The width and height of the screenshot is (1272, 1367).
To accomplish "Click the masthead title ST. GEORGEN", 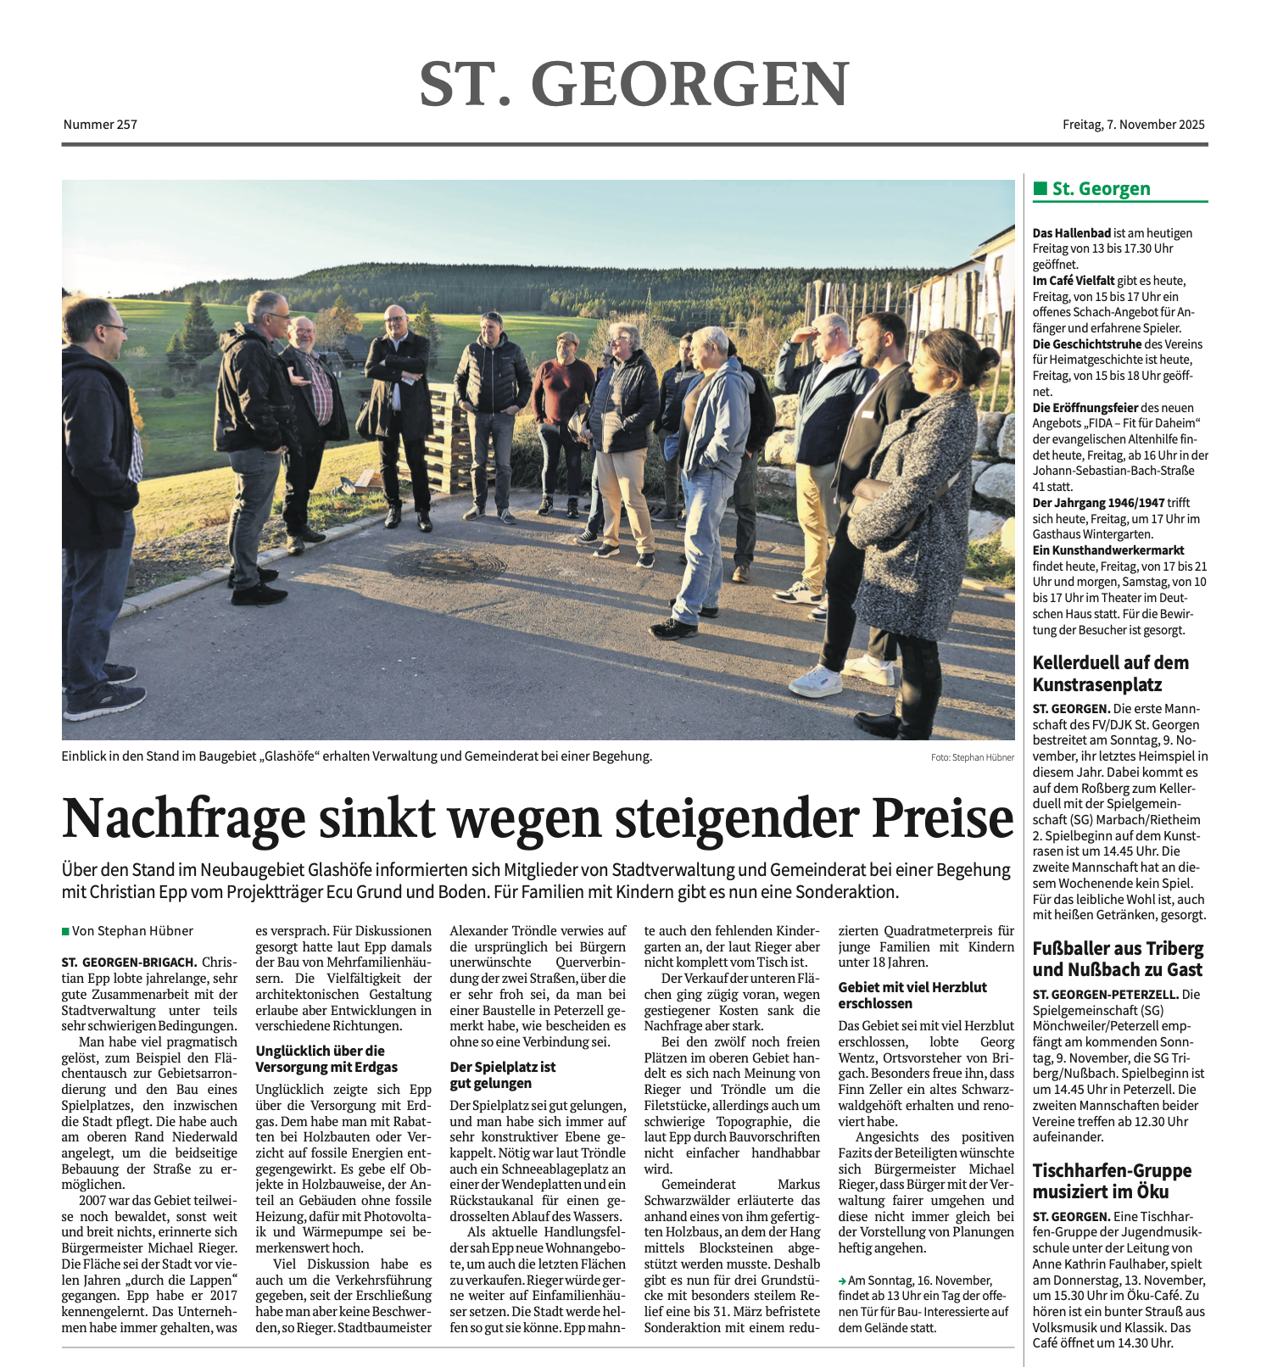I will [x=633, y=84].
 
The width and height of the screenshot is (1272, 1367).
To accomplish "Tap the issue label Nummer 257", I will [x=100, y=125].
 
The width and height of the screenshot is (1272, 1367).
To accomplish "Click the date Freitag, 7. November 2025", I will [x=1133, y=125].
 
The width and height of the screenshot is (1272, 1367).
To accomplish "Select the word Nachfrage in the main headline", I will [x=183, y=818].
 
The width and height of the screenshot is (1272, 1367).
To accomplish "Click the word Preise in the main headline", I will [x=943, y=818].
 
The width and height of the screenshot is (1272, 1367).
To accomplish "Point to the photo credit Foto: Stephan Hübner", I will [x=972, y=757].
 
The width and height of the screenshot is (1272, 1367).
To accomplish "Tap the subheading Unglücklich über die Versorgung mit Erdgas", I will [x=326, y=1059].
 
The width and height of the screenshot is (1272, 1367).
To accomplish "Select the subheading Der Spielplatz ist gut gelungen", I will [x=503, y=1075].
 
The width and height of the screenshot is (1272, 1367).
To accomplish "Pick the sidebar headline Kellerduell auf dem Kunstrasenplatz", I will [x=1110, y=673].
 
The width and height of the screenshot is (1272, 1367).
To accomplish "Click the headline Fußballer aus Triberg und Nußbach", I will [x=1118, y=959].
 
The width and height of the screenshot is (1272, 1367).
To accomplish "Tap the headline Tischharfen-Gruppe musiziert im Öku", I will [x=1112, y=1181].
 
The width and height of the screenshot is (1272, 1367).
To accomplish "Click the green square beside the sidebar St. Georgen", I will [x=1040, y=188].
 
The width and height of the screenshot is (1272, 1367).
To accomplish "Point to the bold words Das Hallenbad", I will [x=1071, y=233].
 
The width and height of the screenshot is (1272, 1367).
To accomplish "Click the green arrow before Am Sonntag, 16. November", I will [x=842, y=1281].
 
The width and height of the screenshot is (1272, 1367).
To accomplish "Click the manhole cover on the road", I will [x=446, y=563].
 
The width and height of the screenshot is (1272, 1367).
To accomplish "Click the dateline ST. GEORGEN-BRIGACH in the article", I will [x=129, y=962].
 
